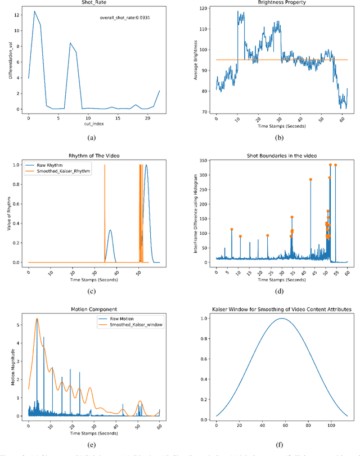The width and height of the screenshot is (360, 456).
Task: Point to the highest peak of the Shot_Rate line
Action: click(34, 11)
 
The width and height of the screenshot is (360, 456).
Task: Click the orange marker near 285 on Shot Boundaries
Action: click(310, 180)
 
